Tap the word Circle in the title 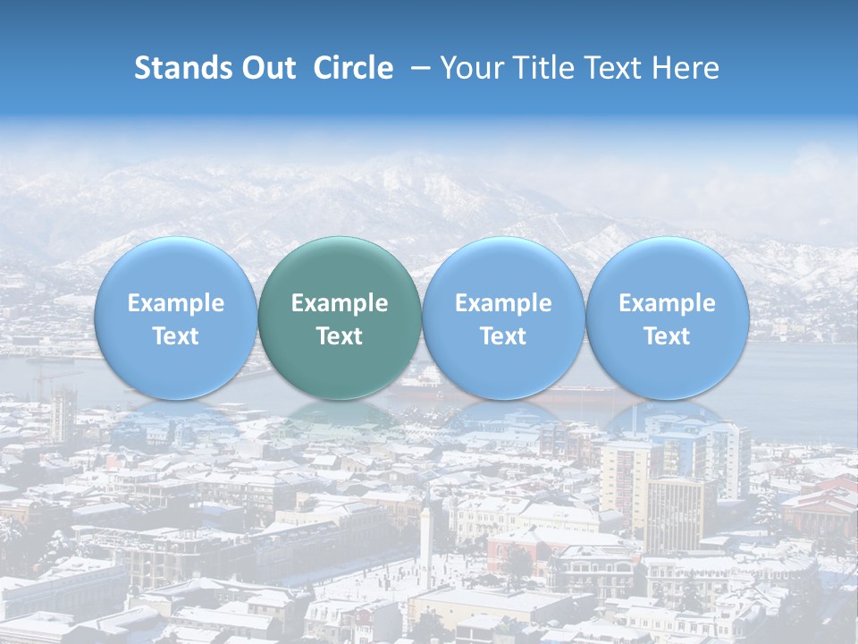point(353,68)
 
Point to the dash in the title point(416,68)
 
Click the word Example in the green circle point(340,303)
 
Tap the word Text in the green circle point(340,336)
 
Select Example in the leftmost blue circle point(176,303)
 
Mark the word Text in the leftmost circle point(176,336)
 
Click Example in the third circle point(503,303)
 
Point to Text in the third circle point(503,336)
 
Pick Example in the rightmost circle point(667,303)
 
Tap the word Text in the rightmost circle point(667,336)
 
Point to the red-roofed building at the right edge point(822,505)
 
